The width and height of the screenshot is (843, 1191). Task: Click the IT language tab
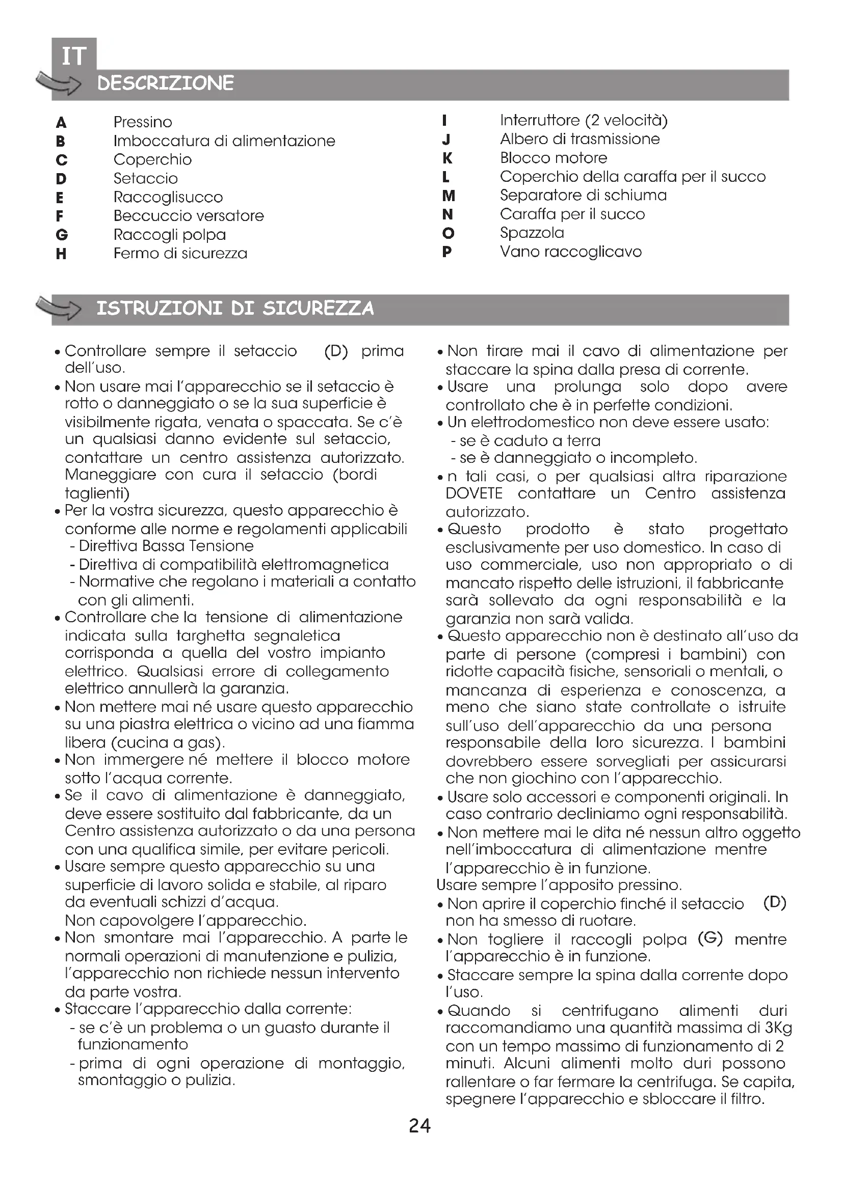[74, 56]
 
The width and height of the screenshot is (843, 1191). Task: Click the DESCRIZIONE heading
[166, 83]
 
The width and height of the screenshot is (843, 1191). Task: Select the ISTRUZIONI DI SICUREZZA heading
[235, 308]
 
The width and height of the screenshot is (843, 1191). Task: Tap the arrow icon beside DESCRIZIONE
[58, 83]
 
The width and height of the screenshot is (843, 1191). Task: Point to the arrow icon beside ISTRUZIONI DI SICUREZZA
[58, 308]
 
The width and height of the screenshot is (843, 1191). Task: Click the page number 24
[419, 1126]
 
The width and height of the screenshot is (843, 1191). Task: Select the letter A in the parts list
[61, 123]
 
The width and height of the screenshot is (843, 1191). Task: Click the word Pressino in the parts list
[143, 122]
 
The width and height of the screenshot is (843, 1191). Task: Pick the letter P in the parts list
[447, 252]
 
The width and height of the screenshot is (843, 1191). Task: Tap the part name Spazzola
[532, 233]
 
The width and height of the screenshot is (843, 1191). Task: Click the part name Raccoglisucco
[168, 198]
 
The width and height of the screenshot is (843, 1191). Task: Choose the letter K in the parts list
[447, 158]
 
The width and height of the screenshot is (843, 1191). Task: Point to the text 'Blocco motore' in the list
[554, 158]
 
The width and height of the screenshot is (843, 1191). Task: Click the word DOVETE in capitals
[474, 493]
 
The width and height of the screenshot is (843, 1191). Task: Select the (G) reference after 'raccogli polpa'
[710, 938]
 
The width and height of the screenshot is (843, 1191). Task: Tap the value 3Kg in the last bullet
[778, 1028]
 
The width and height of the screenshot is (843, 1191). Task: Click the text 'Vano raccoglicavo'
[570, 252]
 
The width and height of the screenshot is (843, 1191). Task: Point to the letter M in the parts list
[449, 196]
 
